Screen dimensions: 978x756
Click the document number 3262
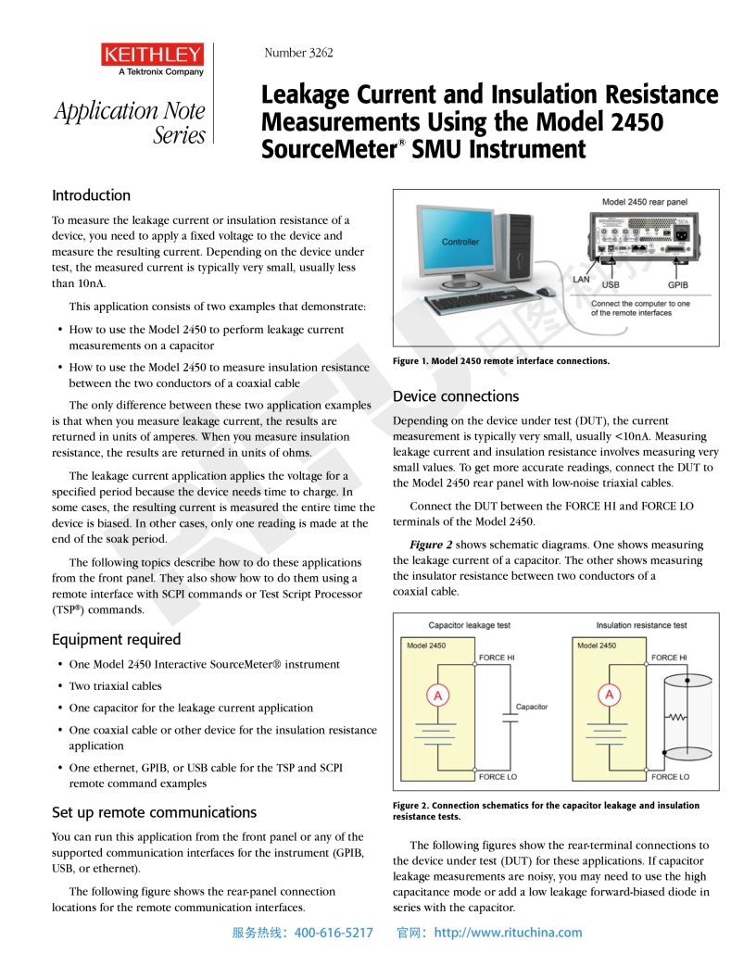pyautogui.click(x=298, y=53)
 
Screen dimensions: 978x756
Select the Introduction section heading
pyautogui.click(x=91, y=195)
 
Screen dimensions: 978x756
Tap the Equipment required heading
pyautogui.click(x=116, y=639)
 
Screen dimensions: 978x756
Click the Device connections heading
pyautogui.click(x=456, y=396)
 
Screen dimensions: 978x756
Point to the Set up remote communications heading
pyautogui.click(x=154, y=812)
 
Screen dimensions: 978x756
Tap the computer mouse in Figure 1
pyautogui.click(x=546, y=292)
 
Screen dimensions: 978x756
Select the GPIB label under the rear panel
pyautogui.click(x=677, y=285)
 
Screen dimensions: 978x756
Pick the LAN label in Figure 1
pyautogui.click(x=581, y=279)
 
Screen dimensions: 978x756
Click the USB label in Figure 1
pyautogui.click(x=611, y=285)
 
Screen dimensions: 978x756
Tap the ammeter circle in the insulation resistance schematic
pyautogui.click(x=609, y=696)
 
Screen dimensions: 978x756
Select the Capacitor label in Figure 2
pyautogui.click(x=531, y=707)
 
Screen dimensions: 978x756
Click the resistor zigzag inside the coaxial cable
pyautogui.click(x=678, y=716)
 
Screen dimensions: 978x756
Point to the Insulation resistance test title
pyautogui.click(x=641, y=625)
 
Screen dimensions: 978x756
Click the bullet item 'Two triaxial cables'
pyautogui.click(x=115, y=686)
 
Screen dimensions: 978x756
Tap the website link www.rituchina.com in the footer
pyautogui.click(x=508, y=933)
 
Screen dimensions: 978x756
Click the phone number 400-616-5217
pyautogui.click(x=334, y=933)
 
